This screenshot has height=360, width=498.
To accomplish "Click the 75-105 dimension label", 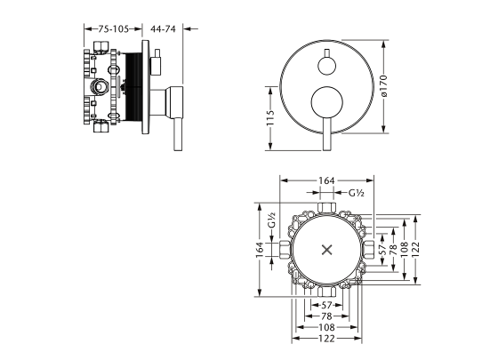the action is [x=113, y=28].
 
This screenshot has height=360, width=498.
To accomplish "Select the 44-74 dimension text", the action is [x=163, y=28].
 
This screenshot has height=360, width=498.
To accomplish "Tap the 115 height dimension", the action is [x=270, y=117].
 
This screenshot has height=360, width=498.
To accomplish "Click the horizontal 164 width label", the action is [x=326, y=180].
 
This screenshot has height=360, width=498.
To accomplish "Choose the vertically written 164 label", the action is [x=260, y=250].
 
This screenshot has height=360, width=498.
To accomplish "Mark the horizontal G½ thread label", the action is [x=356, y=193].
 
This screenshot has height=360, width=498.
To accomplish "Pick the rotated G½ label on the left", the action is [x=271, y=220].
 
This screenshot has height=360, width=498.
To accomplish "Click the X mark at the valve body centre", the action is [x=327, y=250].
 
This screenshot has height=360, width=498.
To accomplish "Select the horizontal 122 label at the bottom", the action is [x=326, y=339].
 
